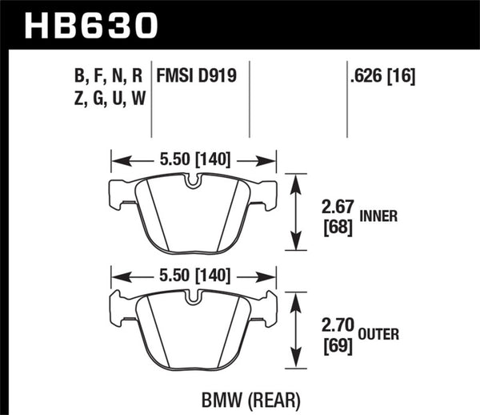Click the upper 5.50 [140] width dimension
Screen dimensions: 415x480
coord(191,159)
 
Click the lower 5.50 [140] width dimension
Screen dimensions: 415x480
coord(191,276)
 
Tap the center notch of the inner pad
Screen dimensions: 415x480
coord(192,182)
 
